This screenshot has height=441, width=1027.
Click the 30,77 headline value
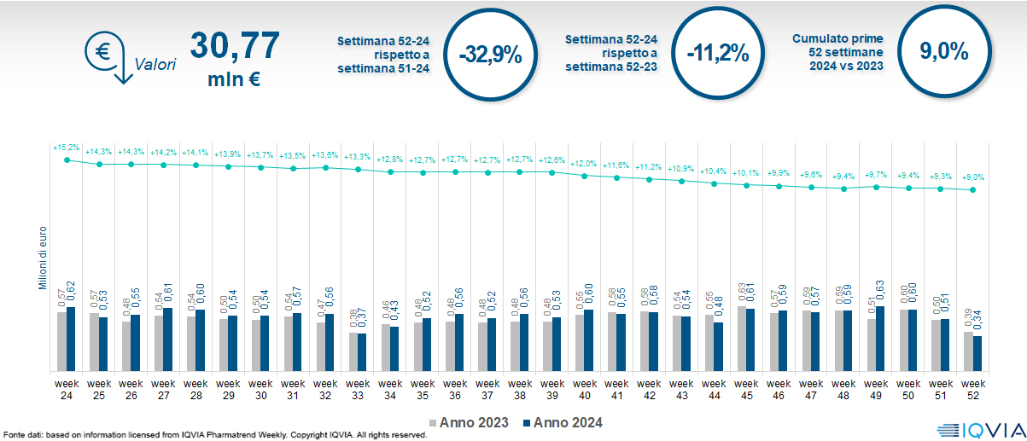point(234,46)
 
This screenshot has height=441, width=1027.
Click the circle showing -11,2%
point(717,54)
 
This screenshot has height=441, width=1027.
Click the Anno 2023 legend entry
point(469,422)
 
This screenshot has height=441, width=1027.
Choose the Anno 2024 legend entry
point(563,422)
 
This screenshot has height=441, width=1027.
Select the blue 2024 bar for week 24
point(71,339)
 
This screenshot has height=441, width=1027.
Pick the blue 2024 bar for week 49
point(880,339)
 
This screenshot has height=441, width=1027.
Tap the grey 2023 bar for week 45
point(741,339)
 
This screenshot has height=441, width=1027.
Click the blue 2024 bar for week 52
point(977,354)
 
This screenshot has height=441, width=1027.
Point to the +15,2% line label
point(66,148)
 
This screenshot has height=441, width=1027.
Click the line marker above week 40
point(585,176)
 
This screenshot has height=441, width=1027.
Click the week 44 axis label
point(715,390)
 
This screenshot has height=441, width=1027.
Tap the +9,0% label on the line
point(973,177)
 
